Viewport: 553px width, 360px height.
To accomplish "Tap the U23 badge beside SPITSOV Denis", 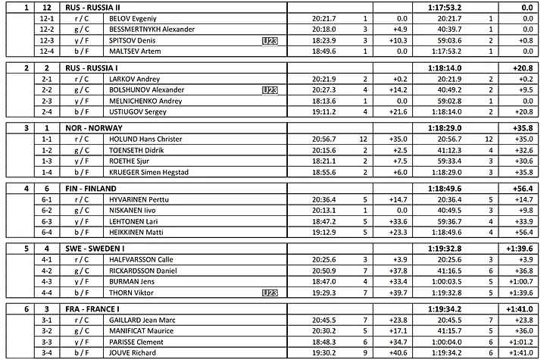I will click(x=269, y=40).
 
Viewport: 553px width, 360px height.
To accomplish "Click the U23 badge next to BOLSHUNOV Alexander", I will click(x=269, y=89).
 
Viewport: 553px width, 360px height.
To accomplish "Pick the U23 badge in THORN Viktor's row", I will click(x=269, y=292).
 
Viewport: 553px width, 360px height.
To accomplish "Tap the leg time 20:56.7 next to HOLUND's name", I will click(x=324, y=139).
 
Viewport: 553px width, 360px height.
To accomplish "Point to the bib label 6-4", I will click(x=47, y=232).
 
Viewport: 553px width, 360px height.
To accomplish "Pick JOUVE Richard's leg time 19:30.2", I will click(x=324, y=352).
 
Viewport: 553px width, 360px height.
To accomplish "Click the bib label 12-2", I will click(x=47, y=29).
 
